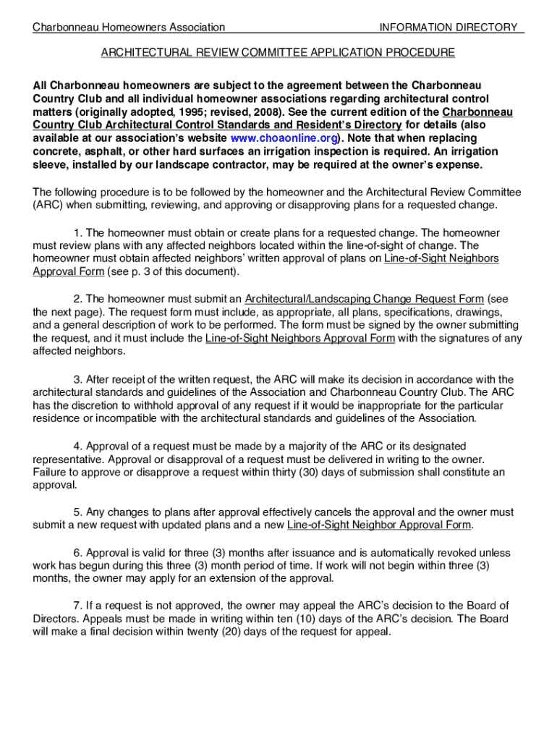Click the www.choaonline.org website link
(x=284, y=138)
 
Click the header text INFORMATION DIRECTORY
(x=448, y=27)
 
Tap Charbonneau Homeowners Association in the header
(x=129, y=27)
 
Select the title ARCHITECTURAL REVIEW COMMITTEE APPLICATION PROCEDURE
(x=278, y=53)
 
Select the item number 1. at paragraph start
(x=78, y=233)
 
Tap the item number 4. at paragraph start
(x=78, y=446)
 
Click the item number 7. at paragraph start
(x=78, y=605)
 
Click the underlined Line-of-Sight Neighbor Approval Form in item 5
(x=379, y=525)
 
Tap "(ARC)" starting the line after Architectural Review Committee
(x=48, y=205)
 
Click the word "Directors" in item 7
(x=56, y=619)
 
